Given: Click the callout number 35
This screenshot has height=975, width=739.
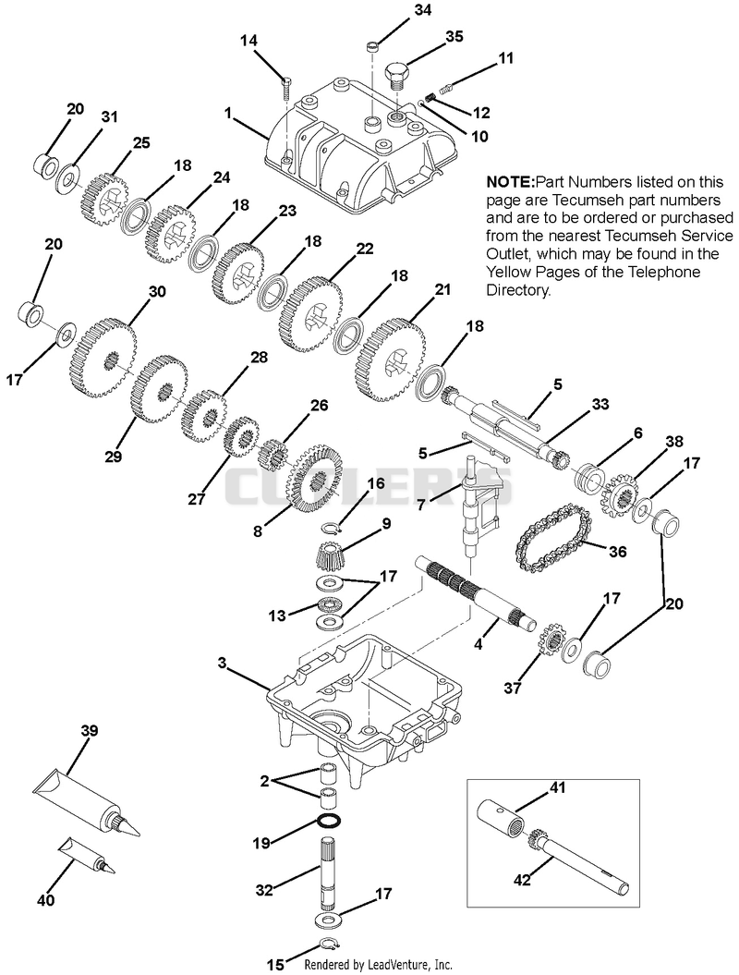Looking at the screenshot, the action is click(x=454, y=37).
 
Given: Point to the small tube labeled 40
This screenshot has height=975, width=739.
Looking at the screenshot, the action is click(x=87, y=855).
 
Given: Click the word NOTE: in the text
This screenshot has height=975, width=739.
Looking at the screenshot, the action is click(x=510, y=182).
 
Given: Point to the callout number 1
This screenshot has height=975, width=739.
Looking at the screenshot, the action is click(x=228, y=113).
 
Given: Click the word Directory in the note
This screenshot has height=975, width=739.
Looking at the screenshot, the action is click(x=517, y=290).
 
